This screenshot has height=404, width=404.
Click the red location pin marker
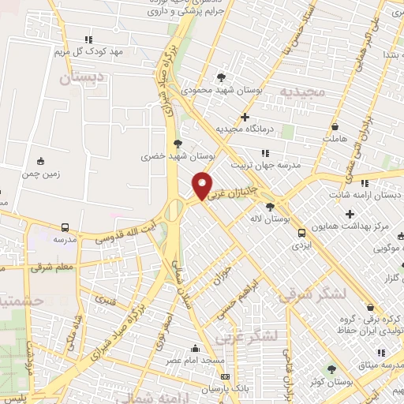coord(203,185)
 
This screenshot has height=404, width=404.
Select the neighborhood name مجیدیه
coord(301,92)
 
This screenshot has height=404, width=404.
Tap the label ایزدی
coord(301,245)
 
